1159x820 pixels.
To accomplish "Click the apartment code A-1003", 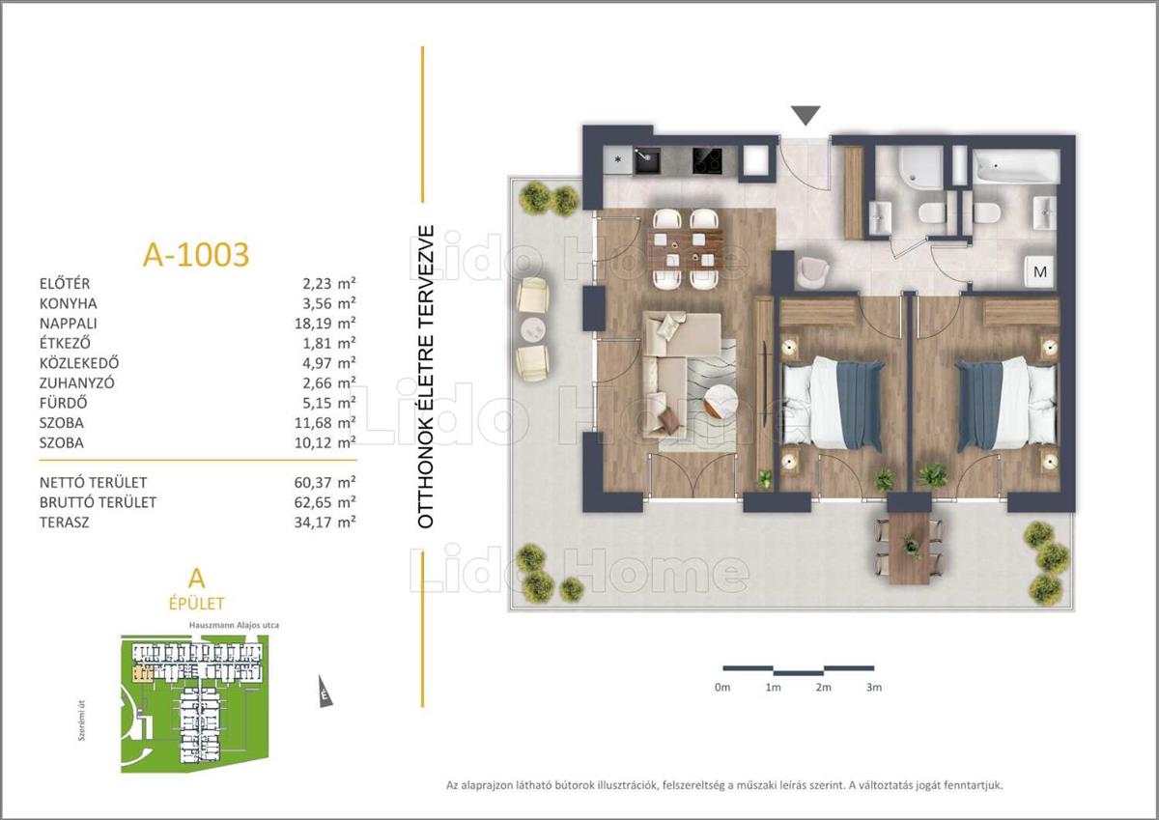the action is (196, 255).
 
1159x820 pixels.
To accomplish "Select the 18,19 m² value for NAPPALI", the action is (325, 324).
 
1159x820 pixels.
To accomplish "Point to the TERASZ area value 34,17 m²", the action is (325, 522).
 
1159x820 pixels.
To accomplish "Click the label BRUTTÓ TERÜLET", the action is (98, 502).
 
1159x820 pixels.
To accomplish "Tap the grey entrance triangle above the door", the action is (806, 116).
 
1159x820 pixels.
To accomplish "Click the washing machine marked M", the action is (1040, 271).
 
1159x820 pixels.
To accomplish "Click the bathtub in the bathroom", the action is (1016, 166).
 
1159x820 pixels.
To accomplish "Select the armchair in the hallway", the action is (812, 272).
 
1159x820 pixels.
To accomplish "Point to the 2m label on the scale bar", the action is (823, 687).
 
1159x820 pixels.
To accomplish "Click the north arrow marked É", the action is (325, 692).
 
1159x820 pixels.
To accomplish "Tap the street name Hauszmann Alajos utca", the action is (234, 625).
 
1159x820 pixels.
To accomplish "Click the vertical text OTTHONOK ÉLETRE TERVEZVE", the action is (425, 377).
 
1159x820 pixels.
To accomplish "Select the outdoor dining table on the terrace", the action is (910, 548).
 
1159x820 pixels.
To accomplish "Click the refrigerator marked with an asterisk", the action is (618, 160).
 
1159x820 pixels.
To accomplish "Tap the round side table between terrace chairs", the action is (533, 329).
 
